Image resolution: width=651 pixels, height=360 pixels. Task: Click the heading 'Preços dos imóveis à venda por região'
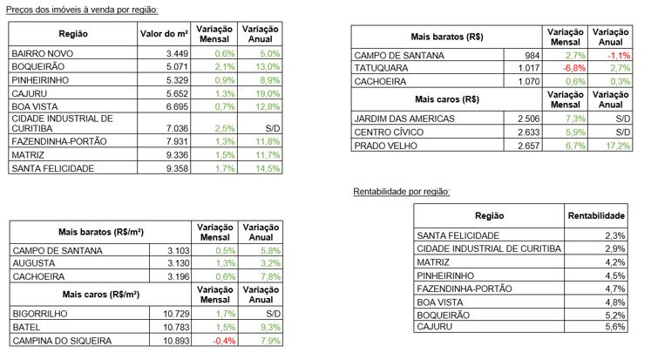(82, 10)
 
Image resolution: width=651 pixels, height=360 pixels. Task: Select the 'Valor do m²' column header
(164, 34)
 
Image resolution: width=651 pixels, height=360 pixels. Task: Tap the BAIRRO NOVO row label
(43, 53)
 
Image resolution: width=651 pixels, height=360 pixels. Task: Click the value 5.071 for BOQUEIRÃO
(177, 66)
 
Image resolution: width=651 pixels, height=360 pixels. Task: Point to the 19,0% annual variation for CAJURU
(268, 93)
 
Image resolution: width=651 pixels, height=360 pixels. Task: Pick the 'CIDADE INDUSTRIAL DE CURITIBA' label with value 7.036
(62, 123)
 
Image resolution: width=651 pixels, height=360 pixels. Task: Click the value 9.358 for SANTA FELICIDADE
(177, 168)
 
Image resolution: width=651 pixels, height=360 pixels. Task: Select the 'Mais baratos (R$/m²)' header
(101, 232)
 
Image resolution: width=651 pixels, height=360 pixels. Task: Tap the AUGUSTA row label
(34, 263)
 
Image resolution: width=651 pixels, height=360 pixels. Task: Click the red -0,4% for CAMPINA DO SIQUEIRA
(224, 341)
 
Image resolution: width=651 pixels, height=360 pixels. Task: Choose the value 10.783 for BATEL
(176, 327)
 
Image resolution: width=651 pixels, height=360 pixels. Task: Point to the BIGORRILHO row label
(40, 314)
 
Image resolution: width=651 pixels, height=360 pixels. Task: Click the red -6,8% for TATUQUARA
(574, 68)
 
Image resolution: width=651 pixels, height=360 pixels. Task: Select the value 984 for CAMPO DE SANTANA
(532, 55)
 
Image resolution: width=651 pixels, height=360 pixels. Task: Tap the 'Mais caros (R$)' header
(447, 99)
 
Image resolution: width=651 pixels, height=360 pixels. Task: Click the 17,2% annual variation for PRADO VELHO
(618, 146)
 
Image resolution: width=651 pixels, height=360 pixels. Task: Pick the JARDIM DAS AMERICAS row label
(404, 119)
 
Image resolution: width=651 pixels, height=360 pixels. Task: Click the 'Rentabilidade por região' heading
(402, 192)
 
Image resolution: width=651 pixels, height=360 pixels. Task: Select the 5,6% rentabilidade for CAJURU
(615, 326)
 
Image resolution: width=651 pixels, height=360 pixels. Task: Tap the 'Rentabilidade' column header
(596, 215)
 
